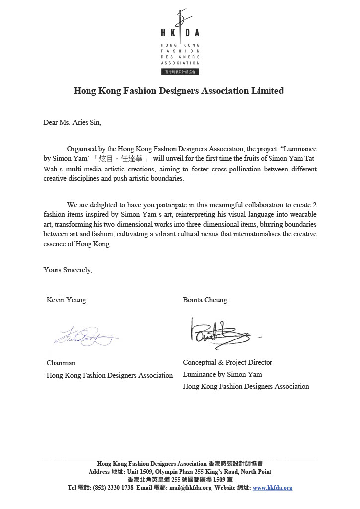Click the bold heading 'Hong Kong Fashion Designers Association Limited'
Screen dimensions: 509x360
click(179, 91)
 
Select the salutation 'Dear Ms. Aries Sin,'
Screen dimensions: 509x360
click(72, 122)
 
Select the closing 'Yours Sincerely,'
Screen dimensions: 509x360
click(68, 270)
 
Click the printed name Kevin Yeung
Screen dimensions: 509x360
click(66, 300)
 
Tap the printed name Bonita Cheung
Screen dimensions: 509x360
click(205, 300)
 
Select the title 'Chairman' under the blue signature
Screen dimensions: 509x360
click(61, 363)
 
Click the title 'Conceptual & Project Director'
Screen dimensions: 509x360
click(228, 362)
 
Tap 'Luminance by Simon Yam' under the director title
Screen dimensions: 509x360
click(222, 374)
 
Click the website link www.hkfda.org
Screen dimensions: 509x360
click(272, 488)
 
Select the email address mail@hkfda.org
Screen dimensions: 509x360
click(190, 488)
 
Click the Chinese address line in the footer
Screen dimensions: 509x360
click(180, 480)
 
